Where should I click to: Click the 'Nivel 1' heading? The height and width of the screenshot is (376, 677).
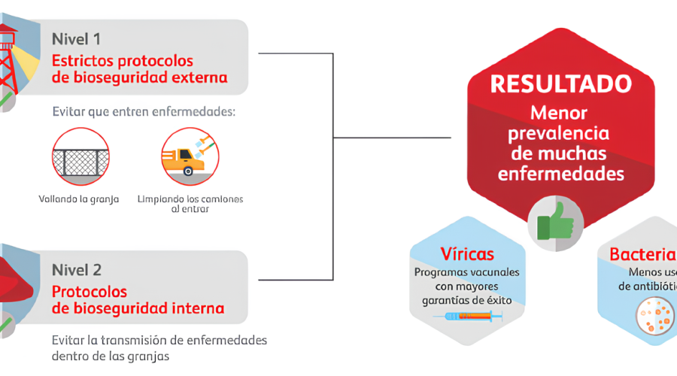point(77,38)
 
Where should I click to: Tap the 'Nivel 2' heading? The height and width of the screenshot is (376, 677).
point(77,269)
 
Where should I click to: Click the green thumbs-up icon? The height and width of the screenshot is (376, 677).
point(556,221)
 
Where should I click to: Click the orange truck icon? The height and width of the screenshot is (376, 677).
point(186,156)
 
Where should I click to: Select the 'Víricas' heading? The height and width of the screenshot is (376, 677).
point(467,253)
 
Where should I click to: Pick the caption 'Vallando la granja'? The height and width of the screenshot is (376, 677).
point(79,199)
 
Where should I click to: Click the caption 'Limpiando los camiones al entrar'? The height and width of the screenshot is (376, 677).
point(190,204)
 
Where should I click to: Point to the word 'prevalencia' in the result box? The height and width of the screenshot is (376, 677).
point(559,134)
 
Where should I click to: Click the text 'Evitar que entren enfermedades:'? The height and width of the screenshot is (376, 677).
point(144,112)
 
